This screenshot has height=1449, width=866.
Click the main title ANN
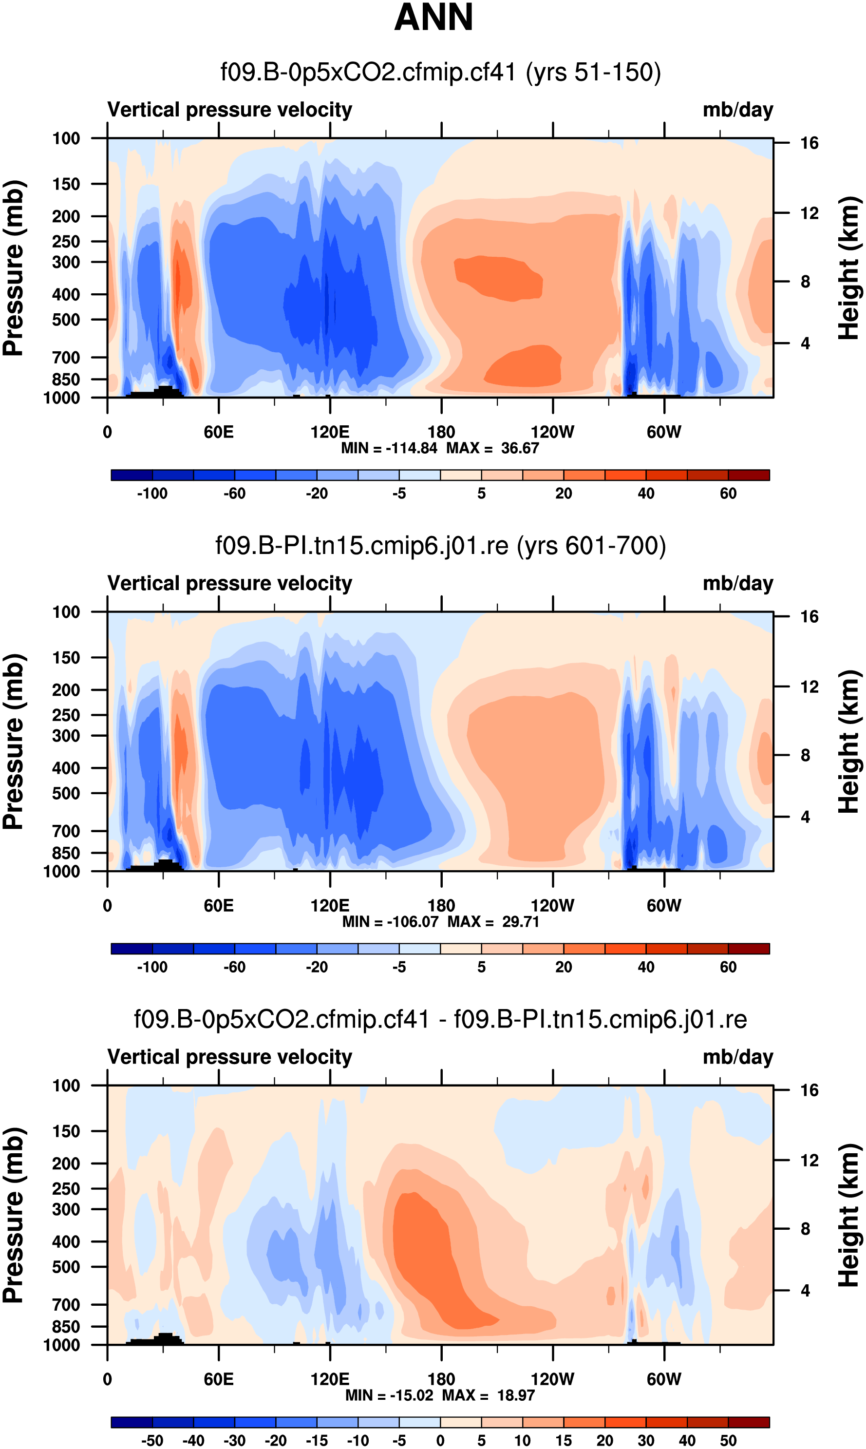point(433,18)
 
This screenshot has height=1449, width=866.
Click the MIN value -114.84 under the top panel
point(412,448)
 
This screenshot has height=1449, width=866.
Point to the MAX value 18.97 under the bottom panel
point(516,1395)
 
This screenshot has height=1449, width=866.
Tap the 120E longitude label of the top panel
point(330,433)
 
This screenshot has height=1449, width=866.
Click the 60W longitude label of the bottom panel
point(663,1379)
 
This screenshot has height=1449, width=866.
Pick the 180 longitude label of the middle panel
point(441,906)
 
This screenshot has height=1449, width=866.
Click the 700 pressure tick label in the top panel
point(66,357)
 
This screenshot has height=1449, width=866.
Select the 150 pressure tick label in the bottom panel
point(66,1131)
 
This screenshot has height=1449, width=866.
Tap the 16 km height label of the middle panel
point(809,617)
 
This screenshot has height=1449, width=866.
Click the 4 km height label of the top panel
point(805,343)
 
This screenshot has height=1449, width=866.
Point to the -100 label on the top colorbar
point(152,494)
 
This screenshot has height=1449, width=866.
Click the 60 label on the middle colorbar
point(728,967)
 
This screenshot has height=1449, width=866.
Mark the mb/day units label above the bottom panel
point(737,1057)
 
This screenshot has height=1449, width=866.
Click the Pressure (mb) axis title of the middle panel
point(13,741)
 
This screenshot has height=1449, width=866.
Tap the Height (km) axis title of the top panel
point(849,268)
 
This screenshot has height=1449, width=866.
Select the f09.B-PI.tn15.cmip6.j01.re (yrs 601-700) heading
point(441,546)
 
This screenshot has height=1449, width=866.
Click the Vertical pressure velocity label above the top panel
point(230,110)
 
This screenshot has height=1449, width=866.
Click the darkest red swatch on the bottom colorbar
point(749,1422)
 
